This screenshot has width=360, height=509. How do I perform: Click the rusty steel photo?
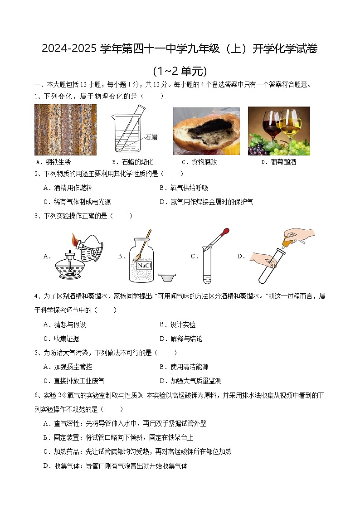click(x=65, y=130)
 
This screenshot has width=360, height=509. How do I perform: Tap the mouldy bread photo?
click(x=206, y=131)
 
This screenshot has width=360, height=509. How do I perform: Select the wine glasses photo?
click(x=279, y=131)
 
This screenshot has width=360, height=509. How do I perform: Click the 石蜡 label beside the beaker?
click(x=151, y=137)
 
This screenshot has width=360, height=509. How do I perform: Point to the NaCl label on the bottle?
click(x=145, y=266)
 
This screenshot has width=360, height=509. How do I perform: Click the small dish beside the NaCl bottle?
click(x=167, y=277)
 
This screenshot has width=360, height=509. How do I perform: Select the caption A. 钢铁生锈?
click(x=53, y=162)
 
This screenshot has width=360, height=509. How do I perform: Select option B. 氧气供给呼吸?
click(x=184, y=188)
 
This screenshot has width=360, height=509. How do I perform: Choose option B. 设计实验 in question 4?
click(x=177, y=325)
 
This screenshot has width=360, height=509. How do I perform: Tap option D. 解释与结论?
click(x=180, y=339)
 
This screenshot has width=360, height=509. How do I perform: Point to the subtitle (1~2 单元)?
click(x=180, y=71)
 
